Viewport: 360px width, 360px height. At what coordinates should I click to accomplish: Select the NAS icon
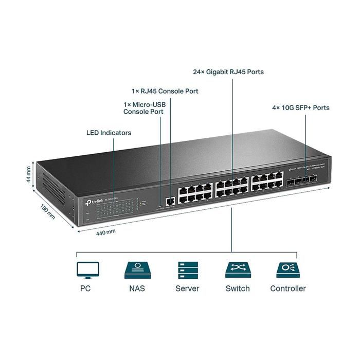coord(137,270)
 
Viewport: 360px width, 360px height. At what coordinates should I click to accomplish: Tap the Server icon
coord(187,270)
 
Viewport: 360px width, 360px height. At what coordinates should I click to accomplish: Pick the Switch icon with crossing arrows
coord(238,270)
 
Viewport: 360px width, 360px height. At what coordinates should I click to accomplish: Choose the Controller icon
coord(287,270)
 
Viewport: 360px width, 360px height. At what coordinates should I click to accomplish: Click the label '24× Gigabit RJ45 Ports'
coord(228,72)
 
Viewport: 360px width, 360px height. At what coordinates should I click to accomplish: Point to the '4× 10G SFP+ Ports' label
coord(301,108)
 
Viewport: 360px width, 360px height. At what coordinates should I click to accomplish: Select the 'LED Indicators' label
coord(109,133)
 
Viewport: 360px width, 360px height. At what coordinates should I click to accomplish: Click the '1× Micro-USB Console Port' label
coord(143,107)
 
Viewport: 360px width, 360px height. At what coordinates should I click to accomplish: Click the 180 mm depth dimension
coord(47,212)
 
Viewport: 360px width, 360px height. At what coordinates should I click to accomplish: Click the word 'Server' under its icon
coord(187,289)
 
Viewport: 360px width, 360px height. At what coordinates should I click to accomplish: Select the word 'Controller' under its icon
coord(288,289)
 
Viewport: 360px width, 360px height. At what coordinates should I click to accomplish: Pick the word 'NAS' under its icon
coord(137,289)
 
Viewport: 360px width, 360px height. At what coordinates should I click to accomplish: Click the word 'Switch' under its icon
coord(238,289)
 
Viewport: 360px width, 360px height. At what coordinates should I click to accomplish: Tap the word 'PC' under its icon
coord(85,289)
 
